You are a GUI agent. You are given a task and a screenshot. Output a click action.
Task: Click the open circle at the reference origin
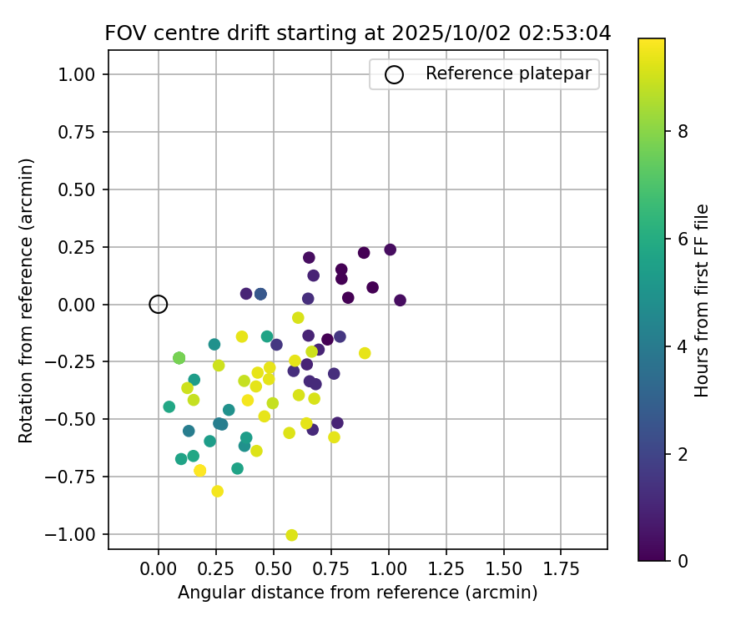point(159,305)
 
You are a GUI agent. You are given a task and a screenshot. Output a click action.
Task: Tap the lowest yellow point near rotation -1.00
point(291,535)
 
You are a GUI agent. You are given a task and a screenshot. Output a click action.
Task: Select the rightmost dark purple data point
point(400,300)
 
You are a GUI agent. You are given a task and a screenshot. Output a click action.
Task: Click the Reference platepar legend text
point(508,73)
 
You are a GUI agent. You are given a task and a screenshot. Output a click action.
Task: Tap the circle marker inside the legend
point(394,74)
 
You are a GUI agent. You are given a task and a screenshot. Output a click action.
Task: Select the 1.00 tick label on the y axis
point(80,75)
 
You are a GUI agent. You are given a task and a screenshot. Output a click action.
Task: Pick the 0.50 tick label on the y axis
point(80,189)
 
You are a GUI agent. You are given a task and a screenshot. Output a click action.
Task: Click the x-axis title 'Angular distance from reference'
point(357,593)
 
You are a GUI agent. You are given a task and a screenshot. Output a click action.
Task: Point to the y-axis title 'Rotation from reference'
point(26,300)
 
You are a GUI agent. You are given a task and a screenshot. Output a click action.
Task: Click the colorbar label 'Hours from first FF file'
point(702,300)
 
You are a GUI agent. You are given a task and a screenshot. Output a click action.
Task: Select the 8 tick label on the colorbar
point(683,131)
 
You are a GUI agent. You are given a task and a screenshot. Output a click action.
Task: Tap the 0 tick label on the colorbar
point(683,561)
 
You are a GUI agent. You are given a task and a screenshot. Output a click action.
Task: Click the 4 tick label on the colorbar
point(683,346)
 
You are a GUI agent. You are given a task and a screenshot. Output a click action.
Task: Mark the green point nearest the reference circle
point(179,358)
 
